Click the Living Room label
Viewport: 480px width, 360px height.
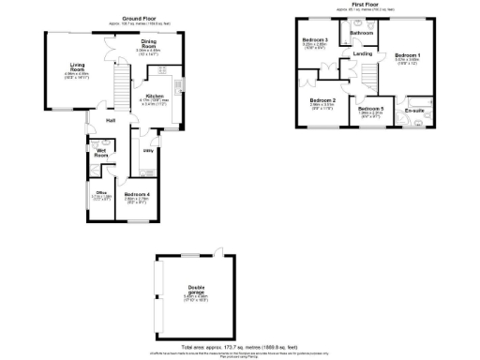tap(77, 67)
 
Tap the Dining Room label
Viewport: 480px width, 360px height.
tap(149, 43)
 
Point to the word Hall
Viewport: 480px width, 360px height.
tap(111, 121)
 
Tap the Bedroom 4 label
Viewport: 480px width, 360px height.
tap(137, 194)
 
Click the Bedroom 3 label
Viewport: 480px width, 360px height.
tap(313, 40)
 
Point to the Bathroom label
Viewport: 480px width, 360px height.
tap(362, 33)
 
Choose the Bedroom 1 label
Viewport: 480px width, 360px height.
tap(407, 55)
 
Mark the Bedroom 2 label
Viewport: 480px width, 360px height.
tap(322, 99)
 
